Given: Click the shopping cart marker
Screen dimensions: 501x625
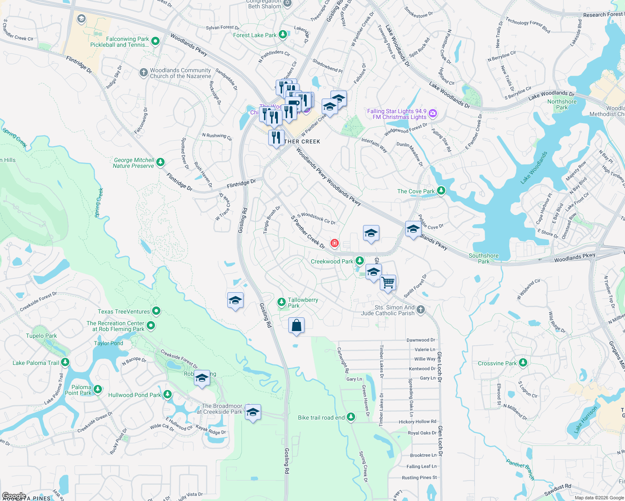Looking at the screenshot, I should [388, 283].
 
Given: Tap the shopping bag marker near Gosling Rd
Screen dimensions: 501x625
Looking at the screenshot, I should [296, 325].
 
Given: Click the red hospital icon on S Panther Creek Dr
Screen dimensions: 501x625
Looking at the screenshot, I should [334, 243].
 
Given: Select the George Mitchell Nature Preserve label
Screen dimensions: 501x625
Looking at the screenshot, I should [134, 163].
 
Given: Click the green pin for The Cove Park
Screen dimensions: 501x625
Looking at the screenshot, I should [441, 191].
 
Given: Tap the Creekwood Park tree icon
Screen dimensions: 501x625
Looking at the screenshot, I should [359, 261].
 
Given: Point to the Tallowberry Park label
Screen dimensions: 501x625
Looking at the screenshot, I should [302, 303].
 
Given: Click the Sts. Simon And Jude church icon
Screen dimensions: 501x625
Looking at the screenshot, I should [421, 309].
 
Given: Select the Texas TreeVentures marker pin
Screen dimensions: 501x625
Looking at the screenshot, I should [156, 311].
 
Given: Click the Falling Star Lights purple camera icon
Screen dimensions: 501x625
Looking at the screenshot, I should [433, 113].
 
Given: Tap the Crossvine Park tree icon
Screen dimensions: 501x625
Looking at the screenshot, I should [523, 363].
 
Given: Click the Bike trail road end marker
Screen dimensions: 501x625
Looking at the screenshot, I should [351, 417].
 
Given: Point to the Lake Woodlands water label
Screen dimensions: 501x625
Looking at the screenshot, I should [534, 168].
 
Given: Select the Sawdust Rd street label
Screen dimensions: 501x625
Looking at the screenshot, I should [557, 489].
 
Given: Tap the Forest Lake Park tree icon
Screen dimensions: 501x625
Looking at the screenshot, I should [283, 34].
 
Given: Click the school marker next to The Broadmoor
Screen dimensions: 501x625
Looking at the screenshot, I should [253, 412].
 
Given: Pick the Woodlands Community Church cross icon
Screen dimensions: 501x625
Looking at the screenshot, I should [143, 73].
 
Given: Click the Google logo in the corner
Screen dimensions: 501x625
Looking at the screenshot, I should [14, 496].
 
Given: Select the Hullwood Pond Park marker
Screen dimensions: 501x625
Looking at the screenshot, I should [168, 394].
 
